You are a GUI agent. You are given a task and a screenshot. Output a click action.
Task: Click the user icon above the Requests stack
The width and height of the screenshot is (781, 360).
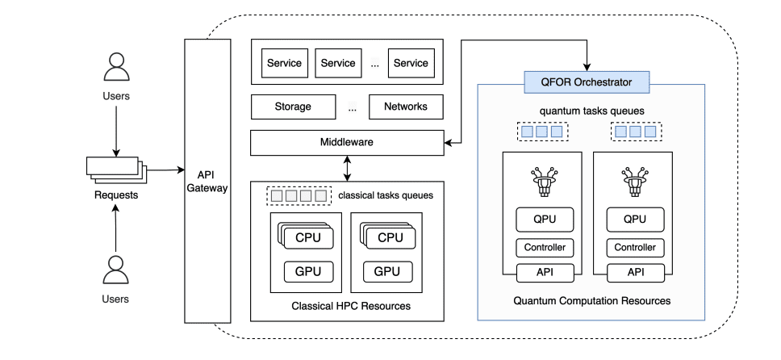click(x=117, y=68)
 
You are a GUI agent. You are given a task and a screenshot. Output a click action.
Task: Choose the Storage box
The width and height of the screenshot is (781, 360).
click(x=292, y=107)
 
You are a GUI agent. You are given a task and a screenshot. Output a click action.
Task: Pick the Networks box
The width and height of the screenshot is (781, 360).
click(x=405, y=107)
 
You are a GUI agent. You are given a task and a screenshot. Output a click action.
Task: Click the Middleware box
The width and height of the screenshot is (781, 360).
click(x=347, y=142)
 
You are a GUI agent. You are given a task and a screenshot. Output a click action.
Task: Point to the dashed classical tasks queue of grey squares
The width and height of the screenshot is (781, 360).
click(x=299, y=195)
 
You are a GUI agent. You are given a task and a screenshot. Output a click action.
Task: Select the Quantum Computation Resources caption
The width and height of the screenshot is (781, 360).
click(x=591, y=301)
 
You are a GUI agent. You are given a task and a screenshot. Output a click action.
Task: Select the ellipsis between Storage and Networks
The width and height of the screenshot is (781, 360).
click(x=353, y=107)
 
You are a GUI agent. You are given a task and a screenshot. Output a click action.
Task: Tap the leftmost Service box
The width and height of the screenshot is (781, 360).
click(x=284, y=63)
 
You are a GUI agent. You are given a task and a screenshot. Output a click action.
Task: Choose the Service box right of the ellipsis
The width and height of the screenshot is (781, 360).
click(x=411, y=63)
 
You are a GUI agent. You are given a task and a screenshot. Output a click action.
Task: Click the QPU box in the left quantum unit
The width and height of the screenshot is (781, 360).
click(x=545, y=219)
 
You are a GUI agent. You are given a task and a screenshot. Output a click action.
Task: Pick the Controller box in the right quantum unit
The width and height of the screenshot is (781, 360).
click(x=635, y=248)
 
